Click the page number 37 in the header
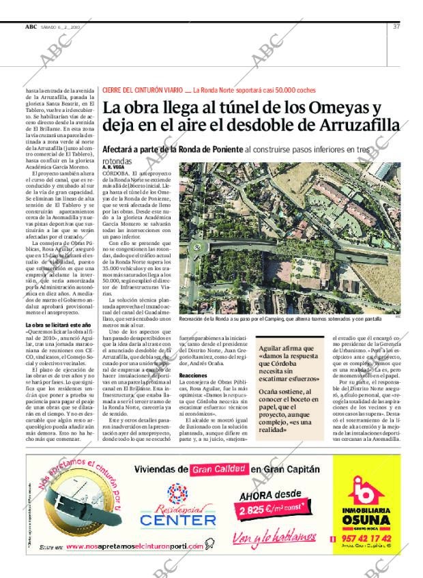click(x=396, y=27)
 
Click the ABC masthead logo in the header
click(x=31, y=27)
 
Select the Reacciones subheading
click(x=194, y=375)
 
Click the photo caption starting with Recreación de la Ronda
click(x=280, y=319)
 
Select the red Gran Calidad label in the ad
click(x=218, y=469)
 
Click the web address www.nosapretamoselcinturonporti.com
click(x=143, y=547)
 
